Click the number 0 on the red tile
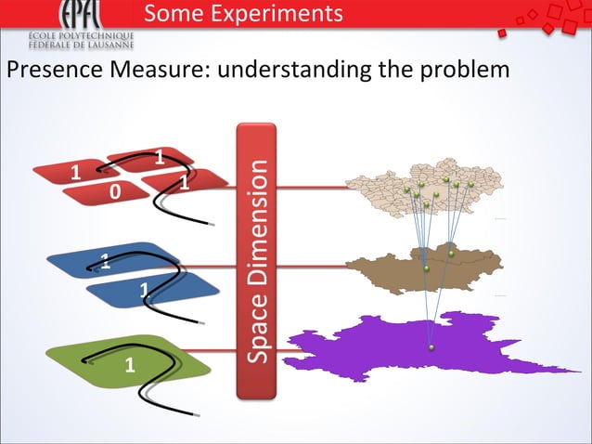pyautogui.click(x=113, y=191)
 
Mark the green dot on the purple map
pyautogui.click(x=431, y=348)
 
